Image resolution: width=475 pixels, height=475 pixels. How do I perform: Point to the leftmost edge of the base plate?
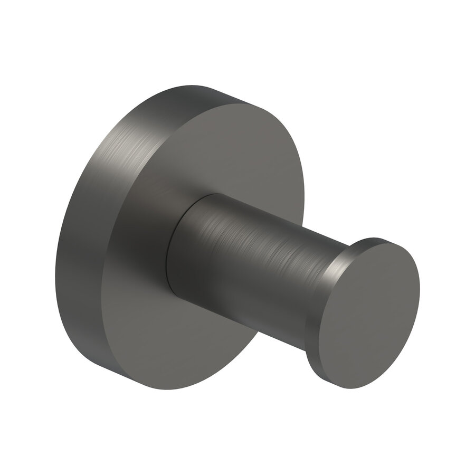coord(54,274)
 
